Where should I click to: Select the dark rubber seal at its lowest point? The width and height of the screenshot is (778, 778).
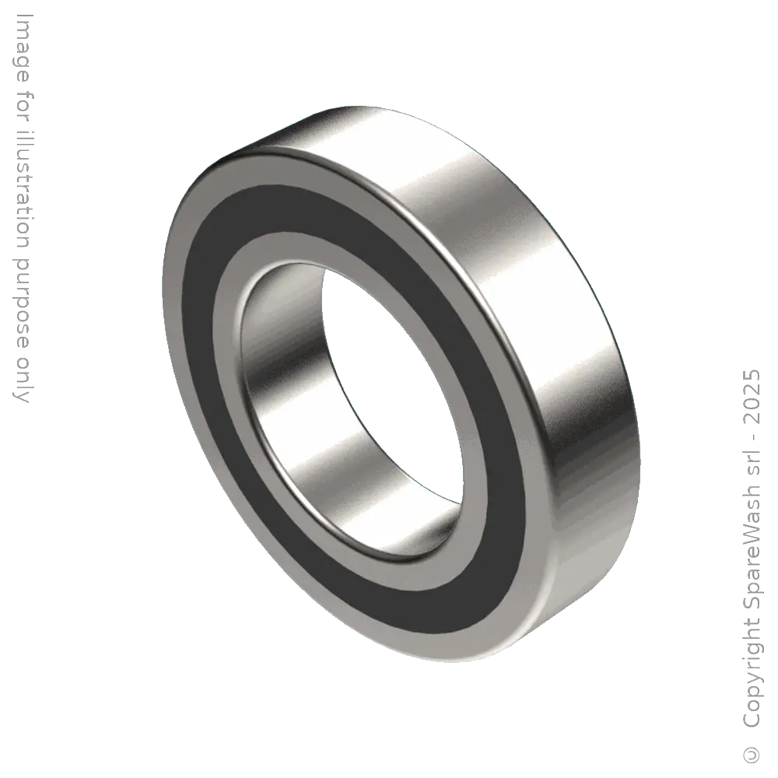(x=436, y=622)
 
